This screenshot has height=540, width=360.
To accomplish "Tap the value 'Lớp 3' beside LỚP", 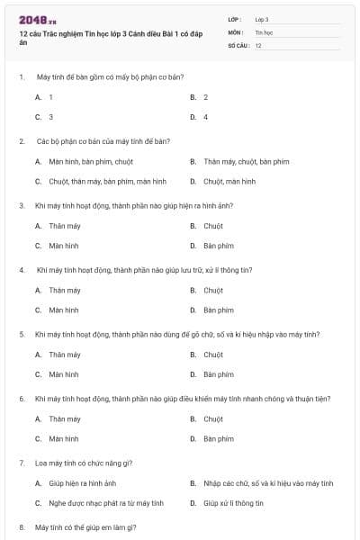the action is [x=262, y=19].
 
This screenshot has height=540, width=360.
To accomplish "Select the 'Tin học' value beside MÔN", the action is [x=264, y=31].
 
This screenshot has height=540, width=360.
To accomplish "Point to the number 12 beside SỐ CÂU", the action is [x=258, y=45].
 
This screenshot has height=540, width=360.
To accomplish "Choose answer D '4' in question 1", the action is [x=205, y=117].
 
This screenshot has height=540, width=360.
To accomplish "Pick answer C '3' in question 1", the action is [x=50, y=117].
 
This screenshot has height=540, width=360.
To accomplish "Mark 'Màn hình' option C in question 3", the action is [x=63, y=246].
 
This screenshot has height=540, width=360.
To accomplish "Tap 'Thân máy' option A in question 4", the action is [x=64, y=291].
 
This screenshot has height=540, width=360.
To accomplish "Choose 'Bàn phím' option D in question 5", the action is [x=218, y=374].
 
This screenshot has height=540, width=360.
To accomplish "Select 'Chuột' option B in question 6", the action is [x=212, y=419].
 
